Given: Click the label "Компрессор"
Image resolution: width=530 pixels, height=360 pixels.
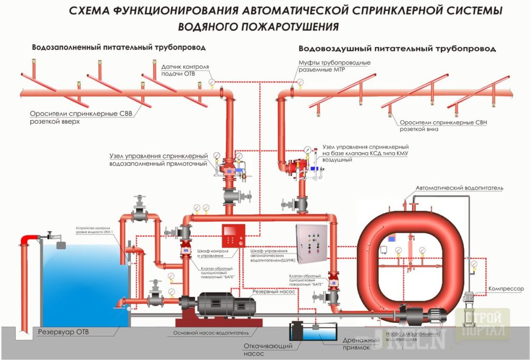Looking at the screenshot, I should (x=506, y=289).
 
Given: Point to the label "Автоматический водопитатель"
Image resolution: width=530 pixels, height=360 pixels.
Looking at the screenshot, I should (x=459, y=188).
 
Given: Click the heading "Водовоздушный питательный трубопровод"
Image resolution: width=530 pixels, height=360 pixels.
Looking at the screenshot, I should (x=397, y=48).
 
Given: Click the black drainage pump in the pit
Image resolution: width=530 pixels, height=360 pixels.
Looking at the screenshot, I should (x=298, y=331).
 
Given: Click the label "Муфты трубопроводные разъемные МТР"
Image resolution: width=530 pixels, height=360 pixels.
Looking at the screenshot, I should (x=334, y=66).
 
